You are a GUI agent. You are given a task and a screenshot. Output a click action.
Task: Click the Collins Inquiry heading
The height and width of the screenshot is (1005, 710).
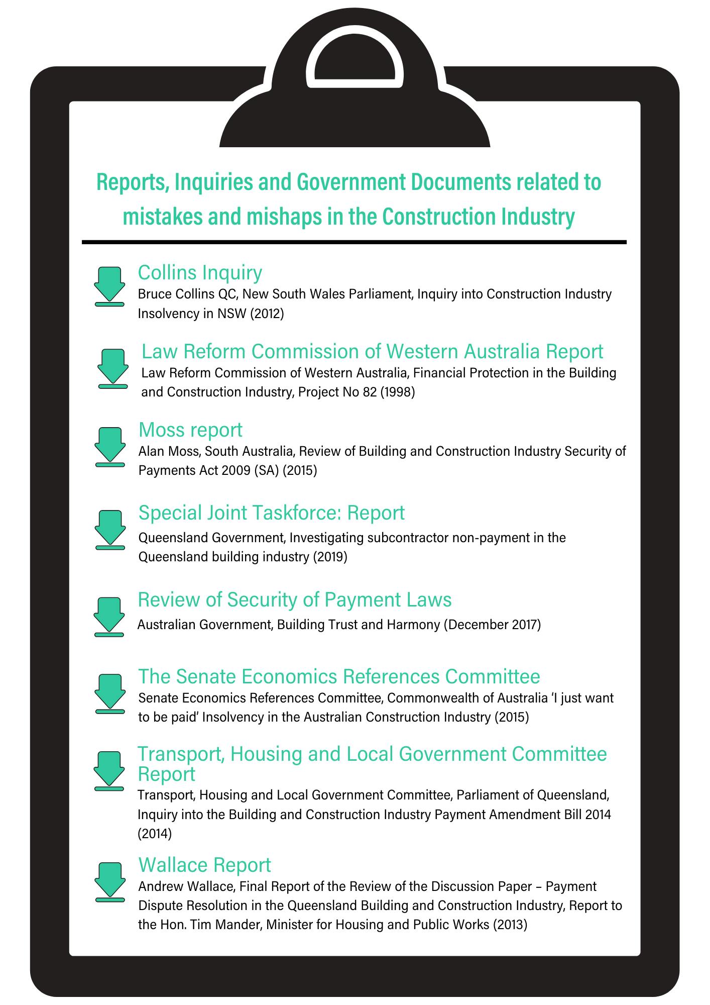pos(200,272)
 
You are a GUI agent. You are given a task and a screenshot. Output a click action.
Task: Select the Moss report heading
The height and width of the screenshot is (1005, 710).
pos(190,430)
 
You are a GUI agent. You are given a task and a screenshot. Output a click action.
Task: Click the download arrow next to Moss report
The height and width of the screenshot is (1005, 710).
pos(109,446)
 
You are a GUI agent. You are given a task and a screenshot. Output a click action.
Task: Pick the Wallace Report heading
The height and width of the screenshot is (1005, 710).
pos(204,865)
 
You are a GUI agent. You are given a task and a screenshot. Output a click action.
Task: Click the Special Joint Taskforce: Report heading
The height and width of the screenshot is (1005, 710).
pos(271,513)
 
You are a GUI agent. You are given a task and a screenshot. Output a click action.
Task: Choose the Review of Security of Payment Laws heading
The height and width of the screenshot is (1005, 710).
pos(294,599)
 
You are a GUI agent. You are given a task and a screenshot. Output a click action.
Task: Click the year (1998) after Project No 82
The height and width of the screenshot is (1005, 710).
pos(397,392)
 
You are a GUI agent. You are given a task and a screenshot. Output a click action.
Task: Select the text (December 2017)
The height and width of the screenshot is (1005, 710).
pos(493,625)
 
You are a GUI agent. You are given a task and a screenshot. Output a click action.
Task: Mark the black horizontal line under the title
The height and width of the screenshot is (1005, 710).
pos(354,242)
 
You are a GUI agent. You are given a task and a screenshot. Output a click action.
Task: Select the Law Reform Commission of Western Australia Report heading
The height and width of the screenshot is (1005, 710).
pos(372,351)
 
